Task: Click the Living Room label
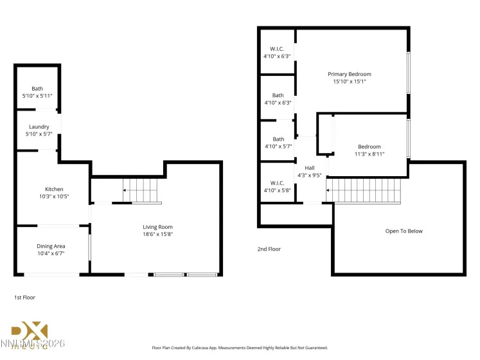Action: tap(157, 226)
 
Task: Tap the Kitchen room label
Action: tap(54, 189)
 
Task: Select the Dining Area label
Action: tap(51, 246)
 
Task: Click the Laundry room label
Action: tap(39, 127)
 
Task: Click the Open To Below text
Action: tap(404, 231)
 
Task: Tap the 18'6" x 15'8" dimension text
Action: tap(157, 234)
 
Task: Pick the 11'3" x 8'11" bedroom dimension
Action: tap(369, 154)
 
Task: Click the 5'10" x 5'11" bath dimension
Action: tap(37, 96)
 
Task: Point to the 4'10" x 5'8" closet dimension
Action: tap(277, 190)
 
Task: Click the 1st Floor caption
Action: tap(24, 298)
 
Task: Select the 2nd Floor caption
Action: tap(269, 249)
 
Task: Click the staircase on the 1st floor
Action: tap(141, 190)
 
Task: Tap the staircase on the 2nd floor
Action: tap(364, 190)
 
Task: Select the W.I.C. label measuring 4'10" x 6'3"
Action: tap(277, 49)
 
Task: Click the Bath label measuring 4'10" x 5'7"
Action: tap(278, 139)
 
